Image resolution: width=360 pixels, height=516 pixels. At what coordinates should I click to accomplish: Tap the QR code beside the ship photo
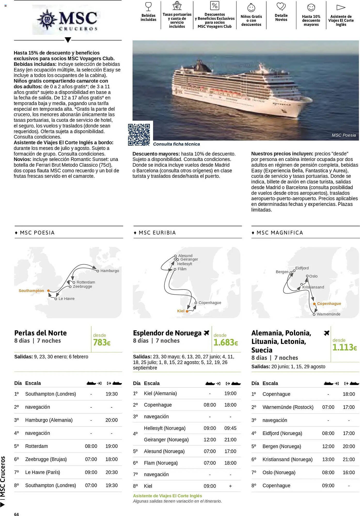pos(139,134)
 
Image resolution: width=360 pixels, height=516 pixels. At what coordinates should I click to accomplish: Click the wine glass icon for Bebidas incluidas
pos(148,6)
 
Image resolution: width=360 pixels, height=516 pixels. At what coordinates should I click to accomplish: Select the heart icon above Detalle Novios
pos(281,6)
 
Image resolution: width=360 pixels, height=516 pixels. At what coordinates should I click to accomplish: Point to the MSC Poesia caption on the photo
pos(343,135)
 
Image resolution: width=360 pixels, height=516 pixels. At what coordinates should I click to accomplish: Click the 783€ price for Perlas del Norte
pos(102,343)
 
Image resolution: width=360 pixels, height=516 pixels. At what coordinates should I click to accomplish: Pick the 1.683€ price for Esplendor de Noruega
pos(225,343)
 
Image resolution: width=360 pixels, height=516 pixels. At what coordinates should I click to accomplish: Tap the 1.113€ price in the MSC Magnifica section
pos(345,348)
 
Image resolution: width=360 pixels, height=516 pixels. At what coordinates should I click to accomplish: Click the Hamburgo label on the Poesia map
pos(109,271)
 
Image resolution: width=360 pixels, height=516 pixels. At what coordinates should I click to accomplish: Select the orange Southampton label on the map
pos(31,291)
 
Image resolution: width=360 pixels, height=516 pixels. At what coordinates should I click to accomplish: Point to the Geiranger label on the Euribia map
pos(189,259)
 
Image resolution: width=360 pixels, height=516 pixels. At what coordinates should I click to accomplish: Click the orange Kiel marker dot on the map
pos(187,311)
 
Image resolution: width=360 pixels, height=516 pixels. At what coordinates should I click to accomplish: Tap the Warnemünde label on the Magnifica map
pos(328,314)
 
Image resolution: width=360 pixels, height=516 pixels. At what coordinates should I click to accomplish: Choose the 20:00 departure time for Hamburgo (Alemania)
pos(112,420)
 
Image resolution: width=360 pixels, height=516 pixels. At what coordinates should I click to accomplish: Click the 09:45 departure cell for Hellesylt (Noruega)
pos(230,428)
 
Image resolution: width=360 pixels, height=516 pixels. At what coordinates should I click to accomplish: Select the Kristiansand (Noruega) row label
pos(287,459)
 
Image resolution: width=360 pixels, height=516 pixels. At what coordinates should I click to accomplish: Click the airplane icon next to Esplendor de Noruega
pos(206,333)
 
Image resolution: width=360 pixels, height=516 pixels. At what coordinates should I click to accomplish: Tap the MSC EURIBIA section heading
pos(157,233)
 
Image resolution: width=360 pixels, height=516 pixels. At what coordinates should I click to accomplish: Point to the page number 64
pos(16,514)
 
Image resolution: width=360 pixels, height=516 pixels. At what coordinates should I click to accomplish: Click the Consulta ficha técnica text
pos(176,144)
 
